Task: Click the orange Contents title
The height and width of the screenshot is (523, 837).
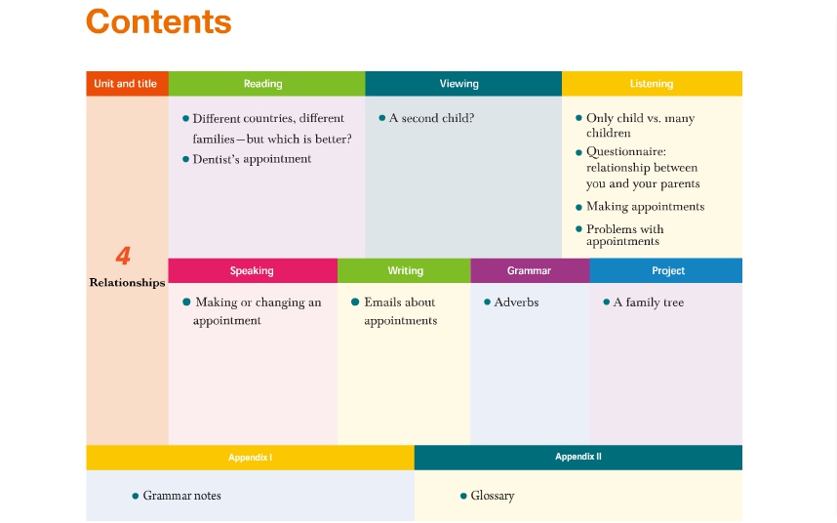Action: pos(159,21)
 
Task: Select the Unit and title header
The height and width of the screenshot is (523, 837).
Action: pos(126,84)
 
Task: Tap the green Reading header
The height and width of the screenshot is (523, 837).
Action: pos(262,84)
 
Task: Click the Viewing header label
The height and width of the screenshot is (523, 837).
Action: pos(459,84)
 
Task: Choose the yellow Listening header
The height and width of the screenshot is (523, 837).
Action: pos(652,84)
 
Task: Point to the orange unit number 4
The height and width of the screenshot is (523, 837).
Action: pos(123,256)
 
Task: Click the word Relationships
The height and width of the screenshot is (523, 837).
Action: pos(127,283)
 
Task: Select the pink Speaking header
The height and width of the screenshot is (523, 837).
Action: pos(252,270)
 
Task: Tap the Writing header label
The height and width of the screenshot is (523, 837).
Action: pos(406,270)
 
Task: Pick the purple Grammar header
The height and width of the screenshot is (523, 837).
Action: pos(529,270)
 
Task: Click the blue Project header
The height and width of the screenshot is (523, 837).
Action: pos(668,270)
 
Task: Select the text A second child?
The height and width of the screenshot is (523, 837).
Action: pos(431,118)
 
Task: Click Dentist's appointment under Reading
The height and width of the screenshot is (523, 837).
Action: pos(252,159)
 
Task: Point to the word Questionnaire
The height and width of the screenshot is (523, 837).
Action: pos(626,151)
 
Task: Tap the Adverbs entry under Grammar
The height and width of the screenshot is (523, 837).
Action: pos(516,302)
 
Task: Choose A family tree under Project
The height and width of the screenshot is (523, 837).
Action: pos(649,302)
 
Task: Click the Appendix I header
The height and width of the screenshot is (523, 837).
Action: pos(251,458)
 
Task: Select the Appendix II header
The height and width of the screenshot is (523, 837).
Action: pos(578,457)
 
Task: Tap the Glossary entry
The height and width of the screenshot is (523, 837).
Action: pos(493,496)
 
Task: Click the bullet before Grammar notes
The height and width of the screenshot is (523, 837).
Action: pos(135,496)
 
